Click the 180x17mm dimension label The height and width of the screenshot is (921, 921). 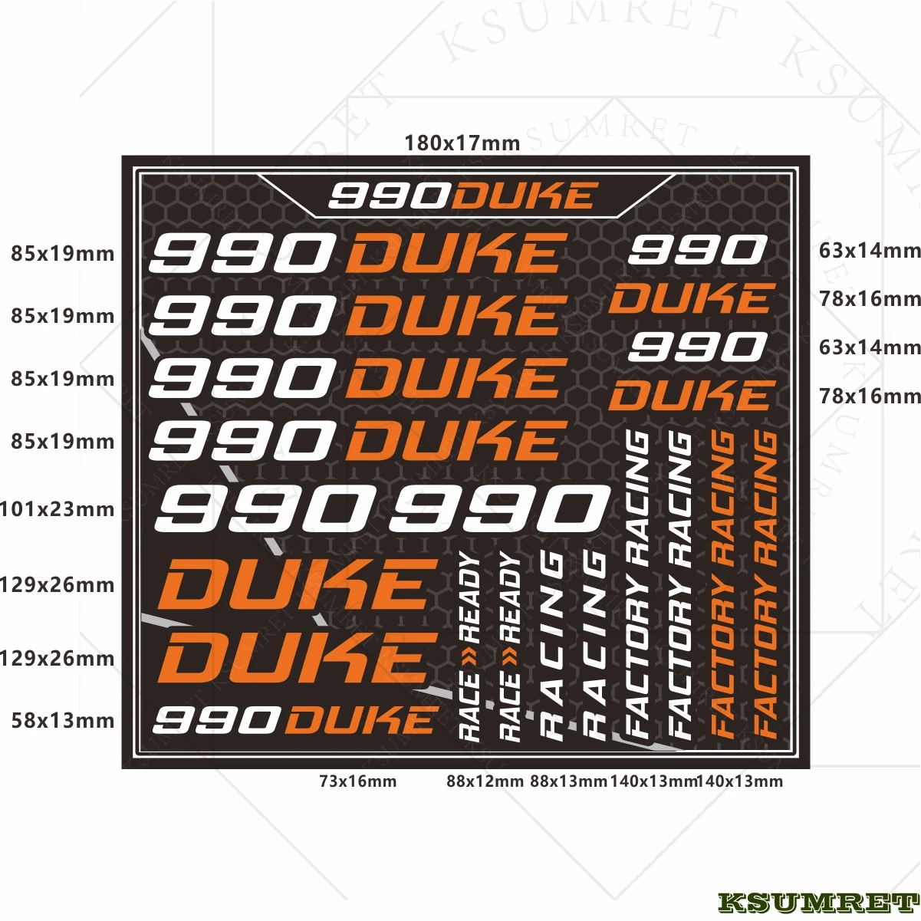coord(462,143)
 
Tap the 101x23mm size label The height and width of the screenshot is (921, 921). coord(57,509)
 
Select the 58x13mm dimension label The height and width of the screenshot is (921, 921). coord(62,721)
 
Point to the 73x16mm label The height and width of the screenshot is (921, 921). coord(357,781)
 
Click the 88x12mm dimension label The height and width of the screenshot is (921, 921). coord(485,781)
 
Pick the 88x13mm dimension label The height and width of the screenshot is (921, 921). coord(568,781)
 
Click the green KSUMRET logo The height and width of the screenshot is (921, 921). coord(817,903)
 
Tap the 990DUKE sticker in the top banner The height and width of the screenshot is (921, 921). coord(462,196)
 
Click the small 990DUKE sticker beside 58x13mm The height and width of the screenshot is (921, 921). coord(294,720)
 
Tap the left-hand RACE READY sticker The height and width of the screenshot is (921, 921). coord(469,646)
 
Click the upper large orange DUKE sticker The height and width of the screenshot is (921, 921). coord(293,585)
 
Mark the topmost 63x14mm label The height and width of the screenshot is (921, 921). coord(869,250)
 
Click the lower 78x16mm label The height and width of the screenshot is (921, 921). coord(869,396)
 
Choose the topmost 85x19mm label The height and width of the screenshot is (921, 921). coord(62,253)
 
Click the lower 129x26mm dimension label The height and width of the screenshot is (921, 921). coord(57,658)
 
